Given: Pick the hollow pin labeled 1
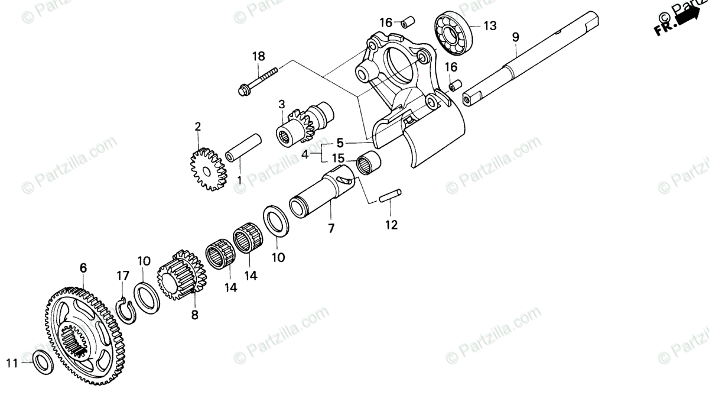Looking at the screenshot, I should click(243, 148).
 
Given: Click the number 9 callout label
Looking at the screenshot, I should click(515, 37).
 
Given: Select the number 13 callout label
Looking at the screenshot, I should click(490, 25).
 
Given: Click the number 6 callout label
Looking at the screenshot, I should click(83, 268).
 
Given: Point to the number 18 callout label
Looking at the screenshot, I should click(259, 56).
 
